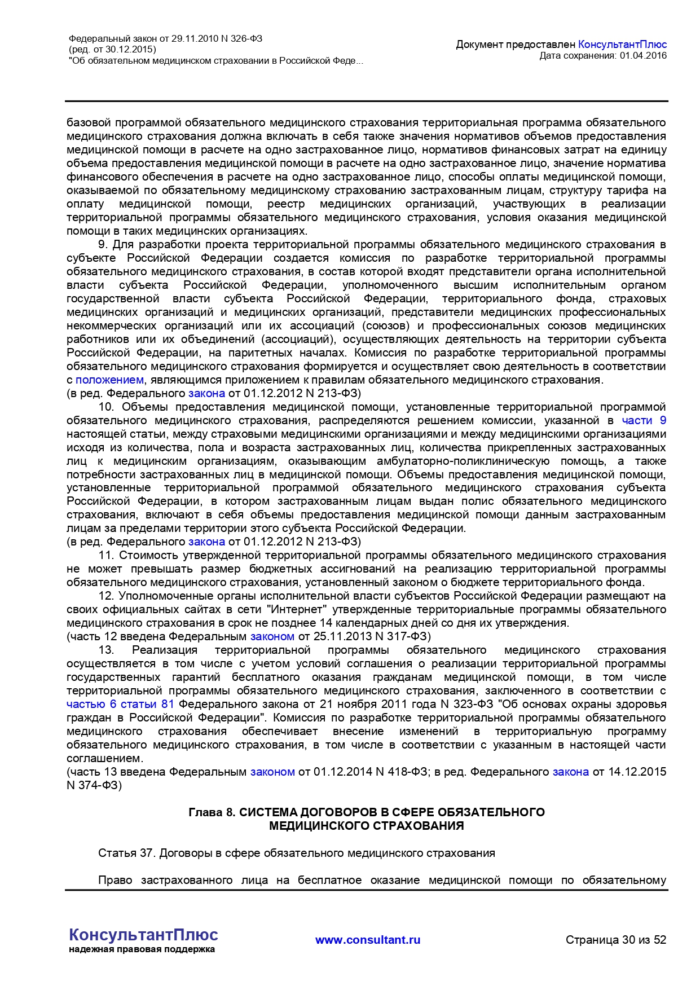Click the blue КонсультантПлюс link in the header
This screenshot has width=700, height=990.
point(622,45)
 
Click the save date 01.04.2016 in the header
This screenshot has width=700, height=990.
point(643,55)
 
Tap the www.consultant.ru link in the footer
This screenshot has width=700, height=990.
point(368,940)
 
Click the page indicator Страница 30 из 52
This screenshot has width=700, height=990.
point(616,940)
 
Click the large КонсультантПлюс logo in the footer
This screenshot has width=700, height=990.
point(143,935)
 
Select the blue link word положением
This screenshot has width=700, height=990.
point(109,380)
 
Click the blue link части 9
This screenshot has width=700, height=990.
point(644,421)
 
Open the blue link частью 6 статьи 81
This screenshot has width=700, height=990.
point(120,705)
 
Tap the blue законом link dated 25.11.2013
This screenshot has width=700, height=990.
point(272,637)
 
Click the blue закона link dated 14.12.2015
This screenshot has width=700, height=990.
point(570,772)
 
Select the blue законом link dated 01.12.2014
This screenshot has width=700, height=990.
point(272,772)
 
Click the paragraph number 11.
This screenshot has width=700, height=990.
point(106,556)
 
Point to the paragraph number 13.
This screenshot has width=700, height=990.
point(106,650)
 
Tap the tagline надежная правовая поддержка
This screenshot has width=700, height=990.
point(142,949)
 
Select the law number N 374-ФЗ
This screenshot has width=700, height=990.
point(94,785)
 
